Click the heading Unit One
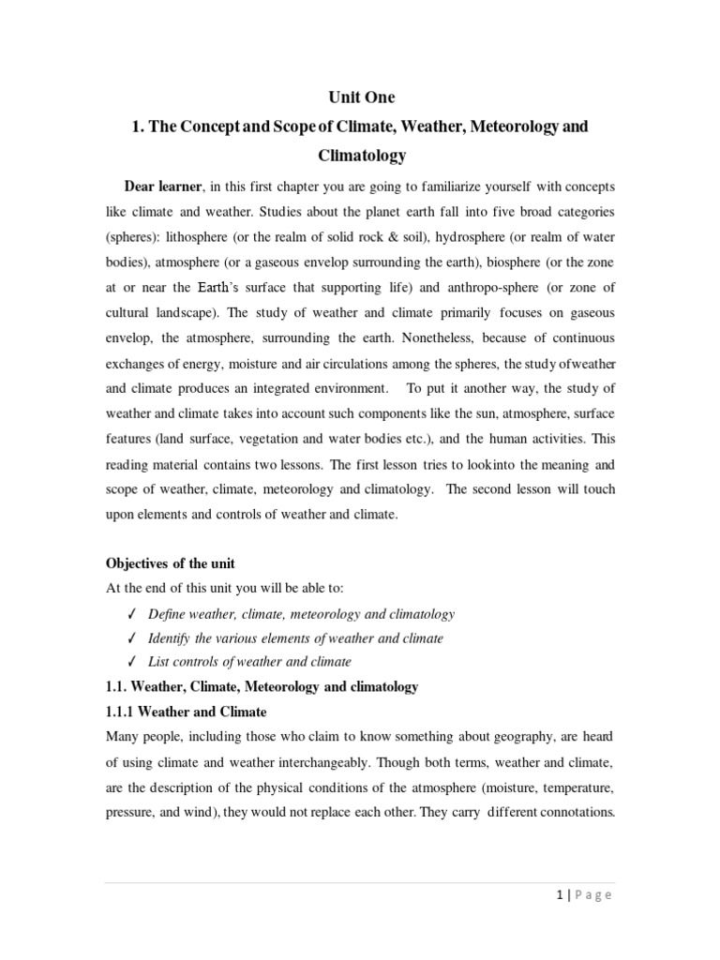(x=361, y=97)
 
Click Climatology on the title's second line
(x=361, y=154)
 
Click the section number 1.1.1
(x=122, y=712)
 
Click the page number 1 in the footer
(x=559, y=894)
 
